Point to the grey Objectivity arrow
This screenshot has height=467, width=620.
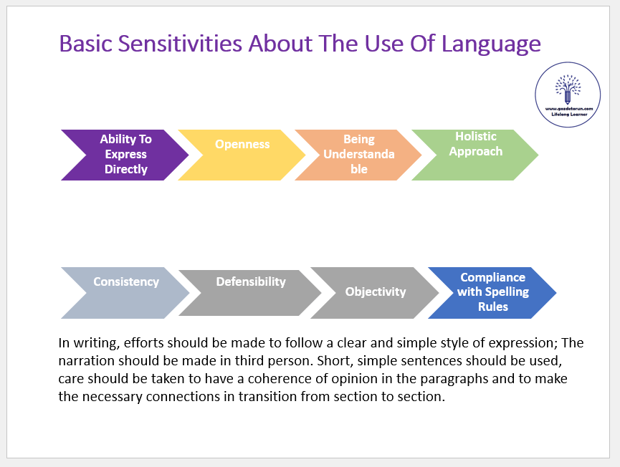click(375, 292)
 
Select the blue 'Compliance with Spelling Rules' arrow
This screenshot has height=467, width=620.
click(492, 292)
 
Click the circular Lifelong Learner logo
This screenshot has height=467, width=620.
click(568, 95)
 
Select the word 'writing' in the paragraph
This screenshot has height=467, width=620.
click(92, 342)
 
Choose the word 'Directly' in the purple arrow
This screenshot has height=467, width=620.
click(126, 170)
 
